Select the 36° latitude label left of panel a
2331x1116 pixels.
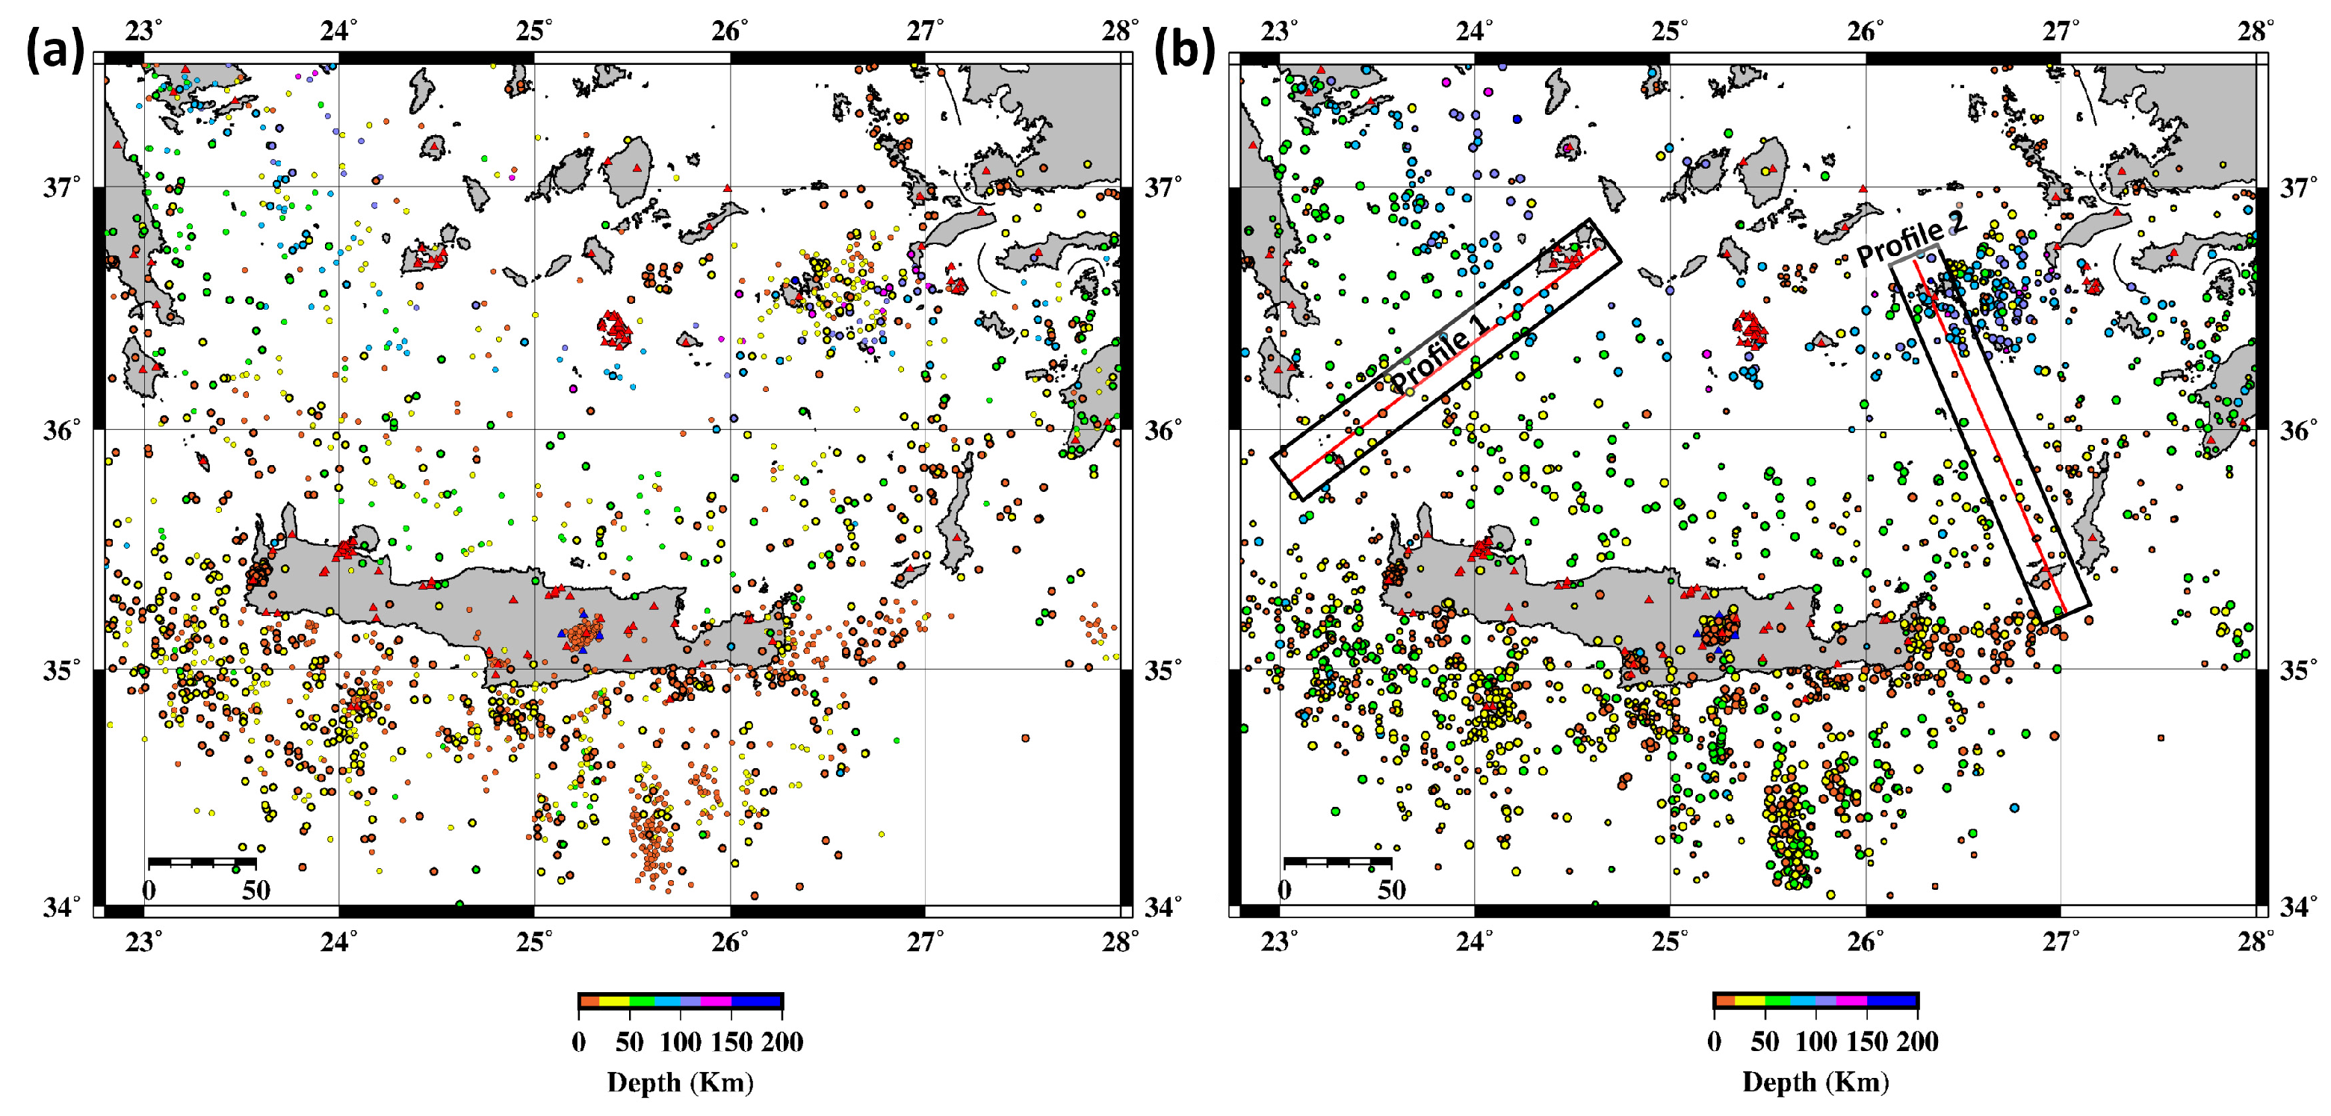tap(61, 429)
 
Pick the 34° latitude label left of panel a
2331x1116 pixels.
tap(61, 906)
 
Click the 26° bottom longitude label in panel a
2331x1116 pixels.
tap(729, 942)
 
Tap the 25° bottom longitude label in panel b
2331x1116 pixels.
tap(1671, 942)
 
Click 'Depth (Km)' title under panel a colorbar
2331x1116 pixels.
tap(681, 1082)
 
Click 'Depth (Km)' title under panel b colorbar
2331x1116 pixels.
tap(1816, 1082)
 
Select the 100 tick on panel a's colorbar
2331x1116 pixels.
tap(681, 1042)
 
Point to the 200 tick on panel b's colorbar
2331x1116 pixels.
tap(1917, 1042)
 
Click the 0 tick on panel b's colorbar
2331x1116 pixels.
tap(1714, 1042)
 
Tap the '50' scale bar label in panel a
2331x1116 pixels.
tap(256, 890)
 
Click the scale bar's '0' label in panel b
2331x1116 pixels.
tap(1284, 890)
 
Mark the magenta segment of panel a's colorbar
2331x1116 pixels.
tap(716, 1001)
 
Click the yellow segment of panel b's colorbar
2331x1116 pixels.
tap(1749, 1001)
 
